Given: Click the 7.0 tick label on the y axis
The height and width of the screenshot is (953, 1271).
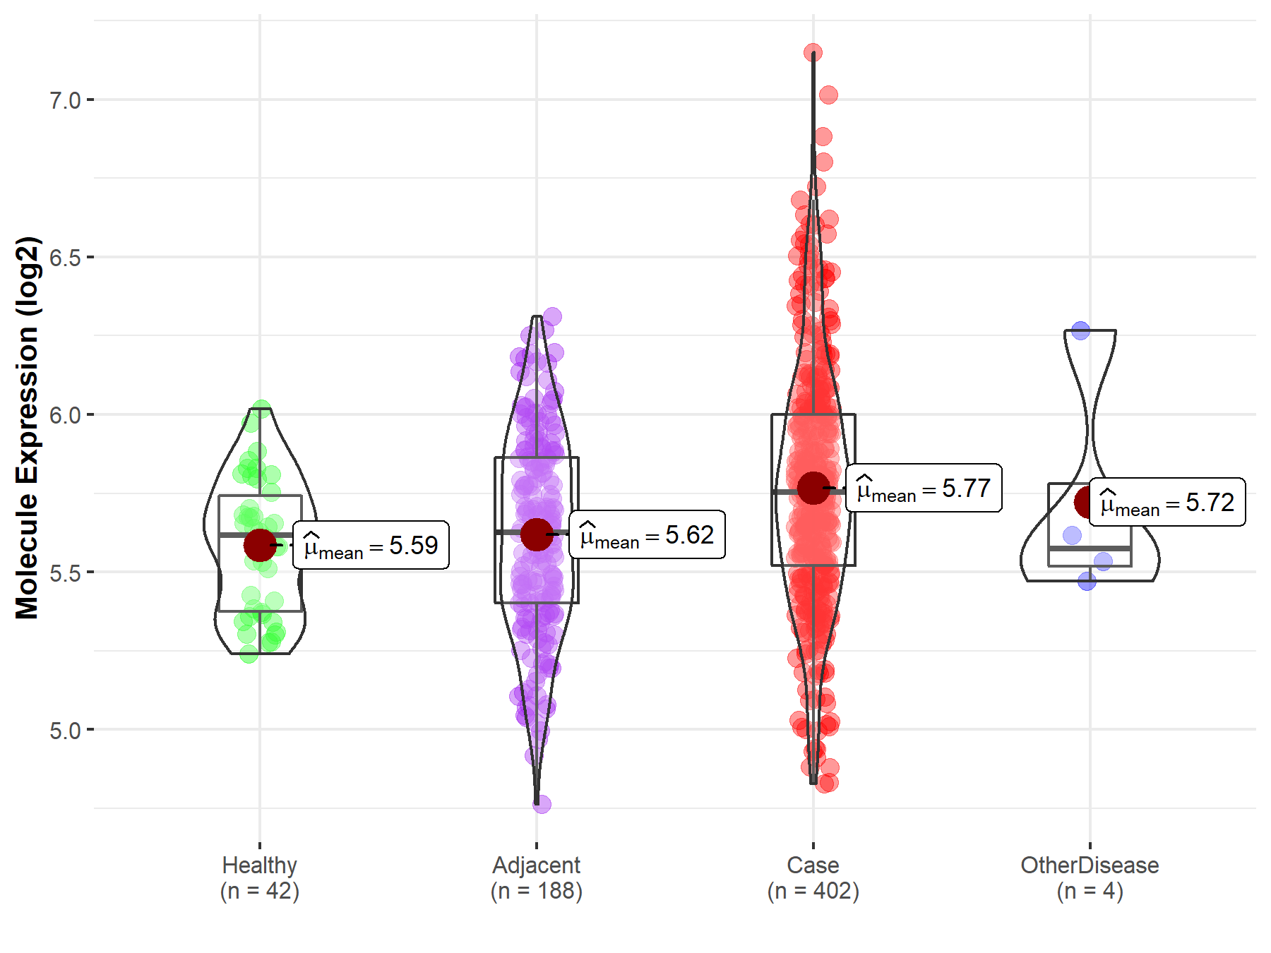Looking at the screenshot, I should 65,100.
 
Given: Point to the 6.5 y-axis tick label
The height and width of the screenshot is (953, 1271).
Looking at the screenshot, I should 65,258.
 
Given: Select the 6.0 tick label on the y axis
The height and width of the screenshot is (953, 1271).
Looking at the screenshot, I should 65,415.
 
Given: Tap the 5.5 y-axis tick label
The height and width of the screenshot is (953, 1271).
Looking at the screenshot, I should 65,573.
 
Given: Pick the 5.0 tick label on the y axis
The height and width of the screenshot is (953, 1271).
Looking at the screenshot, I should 65,730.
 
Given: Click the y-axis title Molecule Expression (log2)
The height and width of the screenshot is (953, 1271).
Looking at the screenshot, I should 27,428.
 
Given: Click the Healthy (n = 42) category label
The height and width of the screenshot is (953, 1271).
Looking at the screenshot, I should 260,878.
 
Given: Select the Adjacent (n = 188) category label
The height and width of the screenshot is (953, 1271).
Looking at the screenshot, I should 537,878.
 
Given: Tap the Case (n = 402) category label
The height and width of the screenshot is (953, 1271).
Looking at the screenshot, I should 813,878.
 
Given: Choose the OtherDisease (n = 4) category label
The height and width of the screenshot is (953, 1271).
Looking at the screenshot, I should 1090,878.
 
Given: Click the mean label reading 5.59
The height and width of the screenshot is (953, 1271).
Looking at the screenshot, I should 371,546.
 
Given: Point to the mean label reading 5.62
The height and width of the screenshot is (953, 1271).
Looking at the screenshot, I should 647,535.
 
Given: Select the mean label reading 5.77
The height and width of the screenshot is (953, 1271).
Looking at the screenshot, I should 924,489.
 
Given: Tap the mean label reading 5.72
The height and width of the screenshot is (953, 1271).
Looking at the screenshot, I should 1167,503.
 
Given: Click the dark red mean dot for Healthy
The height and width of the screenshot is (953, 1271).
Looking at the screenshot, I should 260,545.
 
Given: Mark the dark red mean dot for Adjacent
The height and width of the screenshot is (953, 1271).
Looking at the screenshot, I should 537,534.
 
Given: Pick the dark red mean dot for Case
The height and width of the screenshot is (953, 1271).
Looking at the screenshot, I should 813,488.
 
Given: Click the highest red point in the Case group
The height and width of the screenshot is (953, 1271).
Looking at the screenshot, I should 813,53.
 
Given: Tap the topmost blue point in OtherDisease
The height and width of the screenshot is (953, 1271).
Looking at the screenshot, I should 1080,330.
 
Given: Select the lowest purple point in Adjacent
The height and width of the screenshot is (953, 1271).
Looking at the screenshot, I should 542,804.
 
